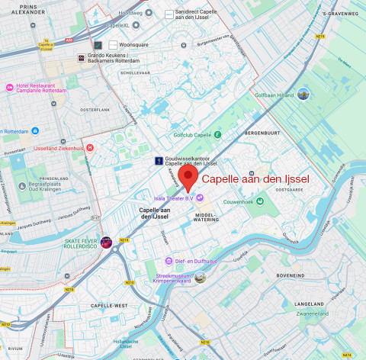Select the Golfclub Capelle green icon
click(217, 135)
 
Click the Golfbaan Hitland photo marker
click(303, 95)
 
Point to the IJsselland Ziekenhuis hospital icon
click(90, 148)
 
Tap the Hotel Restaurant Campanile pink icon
click(9, 88)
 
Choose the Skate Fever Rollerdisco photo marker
click(106, 242)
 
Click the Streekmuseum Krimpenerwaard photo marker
click(200, 278)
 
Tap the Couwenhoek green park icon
click(260, 201)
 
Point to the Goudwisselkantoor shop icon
click(158, 161)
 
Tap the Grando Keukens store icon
click(81, 58)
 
